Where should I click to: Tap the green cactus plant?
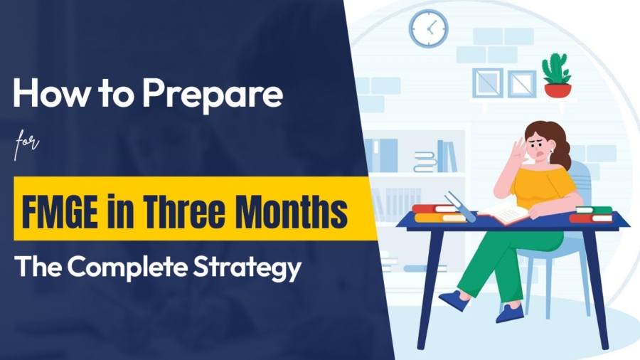click(x=556, y=69)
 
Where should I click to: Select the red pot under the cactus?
click(x=557, y=90)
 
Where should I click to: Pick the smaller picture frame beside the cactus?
click(x=522, y=83)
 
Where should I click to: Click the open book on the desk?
click(x=504, y=212)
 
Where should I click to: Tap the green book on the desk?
click(x=594, y=209)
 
